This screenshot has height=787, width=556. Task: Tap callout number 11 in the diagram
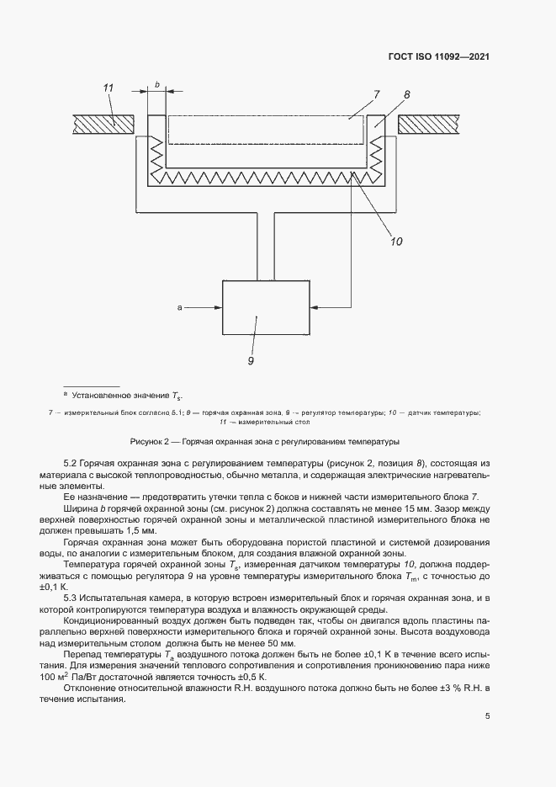pyautogui.click(x=108, y=88)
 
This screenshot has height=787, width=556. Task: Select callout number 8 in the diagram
pyautogui.click(x=406, y=95)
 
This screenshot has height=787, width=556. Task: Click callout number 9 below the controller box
pyautogui.click(x=251, y=361)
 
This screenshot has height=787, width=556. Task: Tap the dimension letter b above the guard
pyautogui.click(x=157, y=84)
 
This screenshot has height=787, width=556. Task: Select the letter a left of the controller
pyautogui.click(x=180, y=308)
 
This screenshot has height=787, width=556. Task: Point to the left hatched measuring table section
pyautogui.click(x=103, y=124)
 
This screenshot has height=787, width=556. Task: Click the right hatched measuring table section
pyautogui.click(x=432, y=124)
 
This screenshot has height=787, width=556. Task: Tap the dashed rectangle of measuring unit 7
pyautogui.click(x=266, y=130)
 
